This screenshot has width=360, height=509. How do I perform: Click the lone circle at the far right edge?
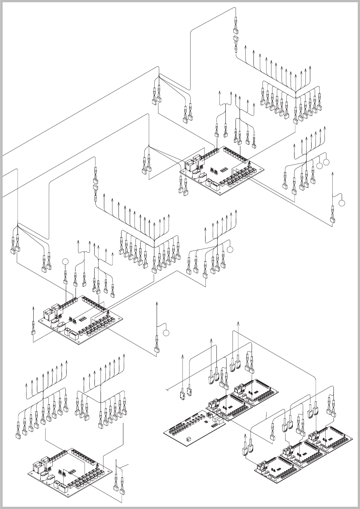[342, 203]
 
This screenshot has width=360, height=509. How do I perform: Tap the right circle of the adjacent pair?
[326, 162]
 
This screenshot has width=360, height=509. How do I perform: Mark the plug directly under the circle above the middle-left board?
[65, 281]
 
